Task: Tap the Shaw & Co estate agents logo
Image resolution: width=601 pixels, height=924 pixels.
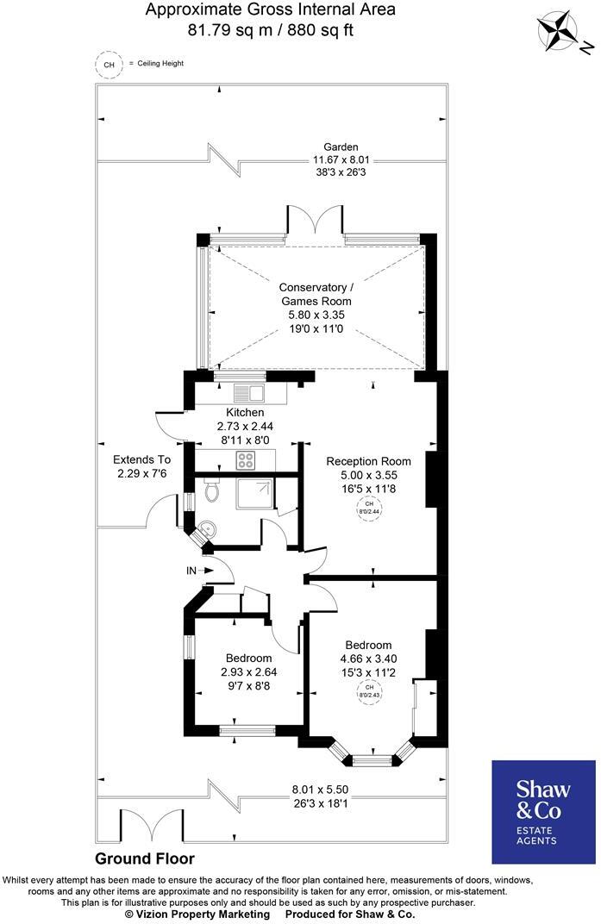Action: click(543, 811)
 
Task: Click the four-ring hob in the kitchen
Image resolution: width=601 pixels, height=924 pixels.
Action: click(245, 460)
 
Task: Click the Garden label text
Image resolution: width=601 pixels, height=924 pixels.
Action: click(341, 147)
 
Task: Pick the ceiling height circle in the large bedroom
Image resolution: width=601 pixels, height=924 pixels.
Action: click(368, 691)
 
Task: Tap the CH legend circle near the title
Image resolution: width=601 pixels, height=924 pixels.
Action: click(109, 65)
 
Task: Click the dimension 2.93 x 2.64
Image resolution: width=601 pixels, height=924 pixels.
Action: click(249, 672)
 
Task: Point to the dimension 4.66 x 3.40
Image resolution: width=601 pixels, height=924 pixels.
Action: click(368, 659)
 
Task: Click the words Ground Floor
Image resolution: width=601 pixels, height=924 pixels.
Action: click(144, 858)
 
